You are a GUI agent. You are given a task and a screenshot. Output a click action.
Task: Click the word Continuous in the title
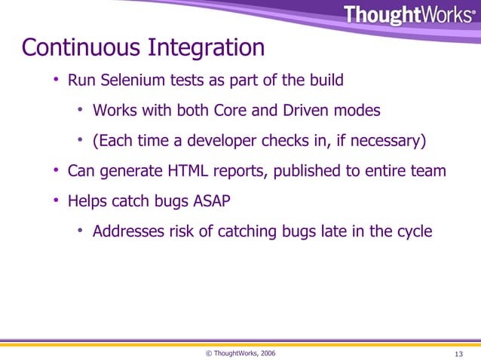tap(72, 48)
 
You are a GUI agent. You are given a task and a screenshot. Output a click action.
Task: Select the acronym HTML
tap(189, 172)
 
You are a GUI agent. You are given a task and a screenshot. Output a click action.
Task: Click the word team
tap(429, 172)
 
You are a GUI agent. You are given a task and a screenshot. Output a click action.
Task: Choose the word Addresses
tap(127, 232)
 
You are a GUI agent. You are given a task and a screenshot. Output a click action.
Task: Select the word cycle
tap(414, 232)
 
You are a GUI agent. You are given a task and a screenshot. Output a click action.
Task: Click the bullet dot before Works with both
tap(81, 111)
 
